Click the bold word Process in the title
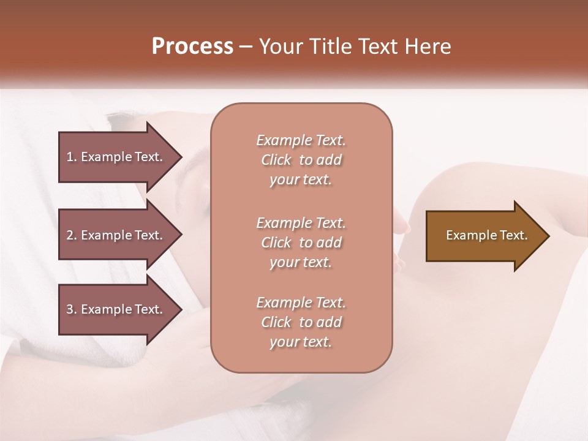(x=192, y=47)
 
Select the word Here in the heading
(x=428, y=47)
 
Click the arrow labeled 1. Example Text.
(x=116, y=157)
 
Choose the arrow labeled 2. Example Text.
(x=116, y=235)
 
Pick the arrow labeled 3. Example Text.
(x=116, y=309)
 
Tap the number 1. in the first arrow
(x=72, y=157)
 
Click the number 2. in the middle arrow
(x=72, y=235)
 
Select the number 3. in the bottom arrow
(x=72, y=309)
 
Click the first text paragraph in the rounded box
(x=301, y=160)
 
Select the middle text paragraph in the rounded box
(x=301, y=243)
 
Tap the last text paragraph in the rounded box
(x=301, y=322)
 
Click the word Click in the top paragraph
(x=276, y=160)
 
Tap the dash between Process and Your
(x=246, y=47)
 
